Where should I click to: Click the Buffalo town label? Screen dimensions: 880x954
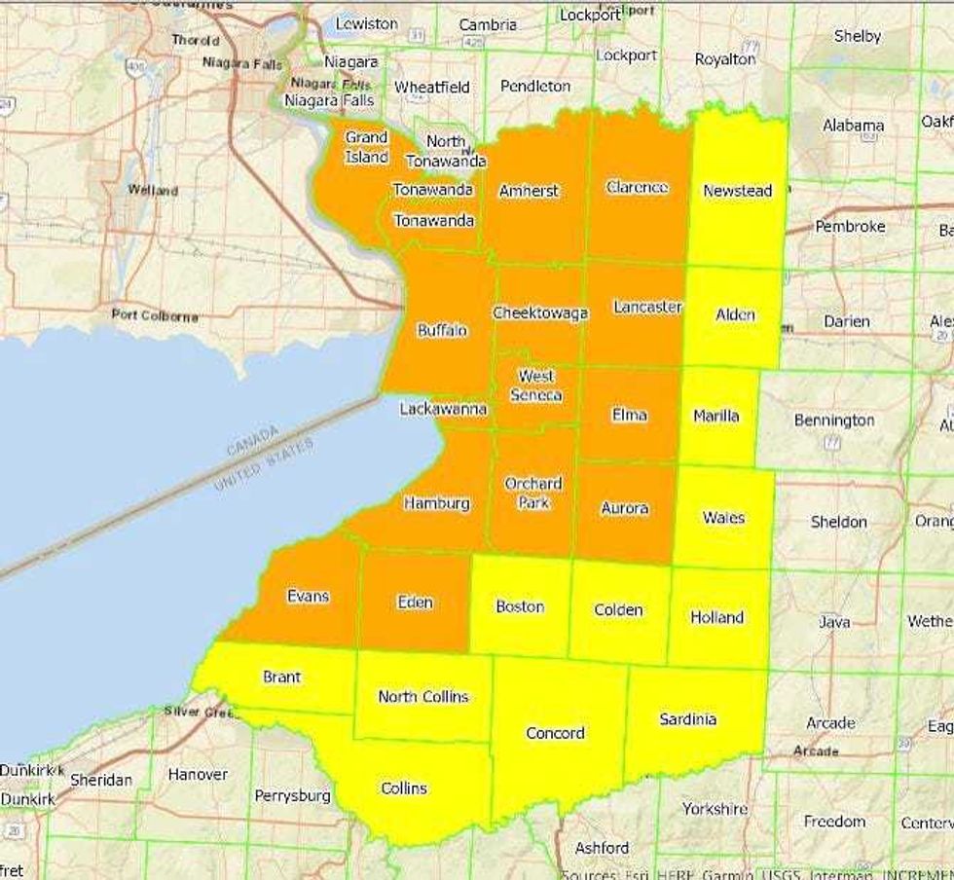click(x=442, y=330)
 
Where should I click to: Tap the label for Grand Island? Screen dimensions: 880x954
click(x=366, y=147)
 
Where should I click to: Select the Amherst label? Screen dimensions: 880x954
click(x=529, y=191)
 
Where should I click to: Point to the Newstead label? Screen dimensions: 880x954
click(x=737, y=191)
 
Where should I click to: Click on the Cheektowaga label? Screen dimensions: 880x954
click(x=540, y=313)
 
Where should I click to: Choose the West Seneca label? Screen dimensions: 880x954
click(x=535, y=385)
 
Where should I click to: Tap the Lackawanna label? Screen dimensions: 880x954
click(x=443, y=410)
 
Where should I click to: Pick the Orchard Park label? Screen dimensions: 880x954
click(x=532, y=493)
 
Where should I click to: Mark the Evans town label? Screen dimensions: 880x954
click(x=308, y=596)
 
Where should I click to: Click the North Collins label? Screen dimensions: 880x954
click(x=422, y=696)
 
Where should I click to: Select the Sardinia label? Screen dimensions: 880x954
click(x=687, y=719)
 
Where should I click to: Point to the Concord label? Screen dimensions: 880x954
click(x=555, y=733)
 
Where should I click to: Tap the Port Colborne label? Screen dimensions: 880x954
click(x=155, y=315)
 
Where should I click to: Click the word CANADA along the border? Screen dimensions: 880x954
click(x=252, y=440)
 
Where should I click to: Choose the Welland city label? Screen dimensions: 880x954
click(x=153, y=190)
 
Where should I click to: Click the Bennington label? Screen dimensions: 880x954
click(x=833, y=421)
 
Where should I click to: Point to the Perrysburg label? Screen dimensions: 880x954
click(x=292, y=795)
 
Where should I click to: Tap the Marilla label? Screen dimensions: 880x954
click(x=715, y=416)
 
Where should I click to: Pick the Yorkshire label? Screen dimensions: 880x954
click(x=715, y=808)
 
